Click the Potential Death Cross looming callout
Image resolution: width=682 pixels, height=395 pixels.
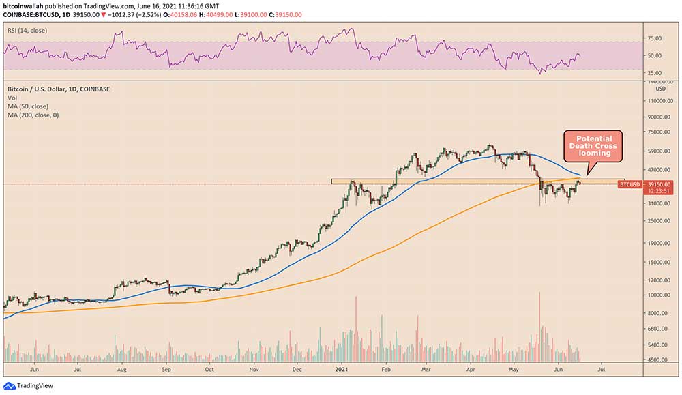[593, 146]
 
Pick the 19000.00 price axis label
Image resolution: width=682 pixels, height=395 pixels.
[659, 242]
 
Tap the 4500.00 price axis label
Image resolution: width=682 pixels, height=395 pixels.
[658, 360]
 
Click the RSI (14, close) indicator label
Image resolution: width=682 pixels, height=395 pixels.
[29, 31]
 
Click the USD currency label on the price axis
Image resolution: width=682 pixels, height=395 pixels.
[659, 88]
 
